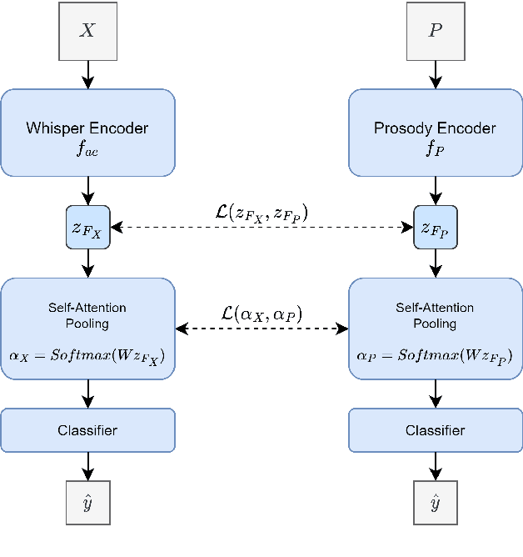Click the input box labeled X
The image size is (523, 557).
pos(87,31)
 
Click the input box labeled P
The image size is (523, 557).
pos(435,31)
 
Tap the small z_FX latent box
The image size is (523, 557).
pos(87,227)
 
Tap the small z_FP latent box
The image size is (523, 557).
pos(435,227)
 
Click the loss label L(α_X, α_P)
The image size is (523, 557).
pos(261,314)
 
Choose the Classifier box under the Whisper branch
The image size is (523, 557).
pos(87,430)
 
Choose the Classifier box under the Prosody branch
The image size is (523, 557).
pos(435,430)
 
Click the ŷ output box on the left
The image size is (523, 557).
pos(87,503)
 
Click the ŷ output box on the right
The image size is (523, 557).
pos(435,503)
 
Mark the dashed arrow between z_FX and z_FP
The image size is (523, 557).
pos(261,227)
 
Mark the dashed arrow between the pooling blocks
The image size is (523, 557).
pos(261,329)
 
